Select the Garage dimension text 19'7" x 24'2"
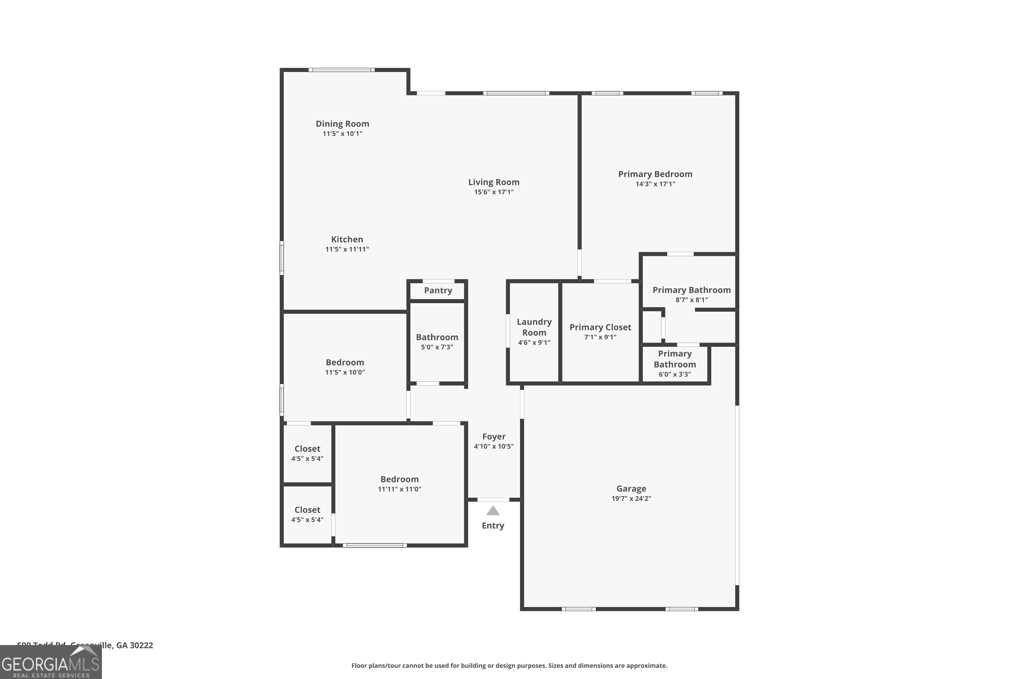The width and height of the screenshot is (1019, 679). tap(631, 498)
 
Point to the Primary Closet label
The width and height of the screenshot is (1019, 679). tap(600, 327)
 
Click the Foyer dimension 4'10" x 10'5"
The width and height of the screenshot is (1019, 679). tap(494, 446)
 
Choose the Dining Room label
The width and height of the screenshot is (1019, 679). tap(342, 124)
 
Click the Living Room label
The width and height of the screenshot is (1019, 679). tap(494, 182)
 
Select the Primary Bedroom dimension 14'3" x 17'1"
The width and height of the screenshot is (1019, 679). tap(655, 184)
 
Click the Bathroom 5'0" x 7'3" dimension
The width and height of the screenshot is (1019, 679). tap(437, 347)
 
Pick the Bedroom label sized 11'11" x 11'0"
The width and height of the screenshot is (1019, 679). tap(399, 479)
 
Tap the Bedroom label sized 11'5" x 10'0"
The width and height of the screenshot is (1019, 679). tap(344, 363)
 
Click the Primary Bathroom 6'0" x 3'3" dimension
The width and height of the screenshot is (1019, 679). tap(675, 374)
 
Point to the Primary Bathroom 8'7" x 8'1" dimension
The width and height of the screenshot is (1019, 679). tap(692, 300)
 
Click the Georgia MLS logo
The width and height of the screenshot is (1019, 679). tap(51, 663)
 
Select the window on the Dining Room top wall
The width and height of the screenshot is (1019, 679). tap(341, 70)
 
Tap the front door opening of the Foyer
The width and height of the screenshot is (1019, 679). tap(493, 500)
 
